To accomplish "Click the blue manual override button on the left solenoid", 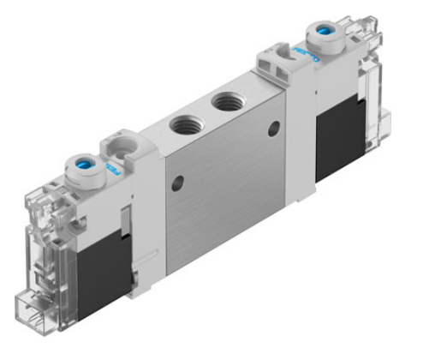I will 86,159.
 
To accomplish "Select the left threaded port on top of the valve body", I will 183,124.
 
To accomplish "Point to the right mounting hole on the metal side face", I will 274,129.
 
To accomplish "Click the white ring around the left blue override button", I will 75,163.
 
